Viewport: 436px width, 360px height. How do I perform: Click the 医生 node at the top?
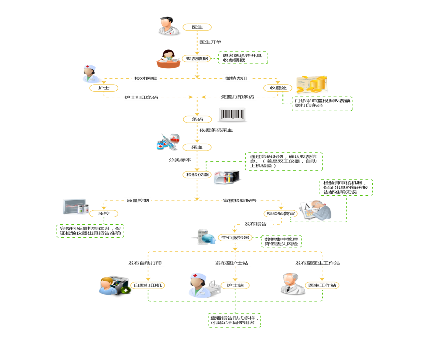[x=197, y=27]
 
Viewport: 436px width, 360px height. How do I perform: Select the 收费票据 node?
[x=197, y=59]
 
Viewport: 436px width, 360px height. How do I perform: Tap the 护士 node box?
[x=104, y=88]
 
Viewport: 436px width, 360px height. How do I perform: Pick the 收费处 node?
[x=278, y=88]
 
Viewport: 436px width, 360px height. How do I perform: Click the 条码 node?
[x=197, y=119]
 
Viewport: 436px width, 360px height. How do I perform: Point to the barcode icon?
[x=232, y=115]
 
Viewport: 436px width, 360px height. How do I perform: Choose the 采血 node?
[x=197, y=147]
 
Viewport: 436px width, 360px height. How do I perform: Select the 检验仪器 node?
[x=198, y=175]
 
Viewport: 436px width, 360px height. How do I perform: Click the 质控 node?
[x=104, y=214]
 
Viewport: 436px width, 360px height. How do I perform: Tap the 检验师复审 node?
[x=281, y=214]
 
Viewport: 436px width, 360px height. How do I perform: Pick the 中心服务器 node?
[x=235, y=238]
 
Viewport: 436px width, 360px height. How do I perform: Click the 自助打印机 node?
[x=148, y=285]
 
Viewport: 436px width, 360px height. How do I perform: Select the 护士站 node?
[x=235, y=285]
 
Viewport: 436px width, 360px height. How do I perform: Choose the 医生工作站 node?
[x=322, y=285]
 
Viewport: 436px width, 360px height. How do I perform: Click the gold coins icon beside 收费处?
[x=312, y=84]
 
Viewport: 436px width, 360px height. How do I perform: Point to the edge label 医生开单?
[x=211, y=42]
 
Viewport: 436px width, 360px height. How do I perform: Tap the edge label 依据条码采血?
[x=216, y=130]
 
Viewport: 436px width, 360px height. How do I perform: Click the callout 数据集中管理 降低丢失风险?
[x=281, y=242]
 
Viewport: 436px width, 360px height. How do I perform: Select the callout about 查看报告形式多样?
[x=234, y=320]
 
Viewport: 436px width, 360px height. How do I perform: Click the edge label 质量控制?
[x=138, y=201]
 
